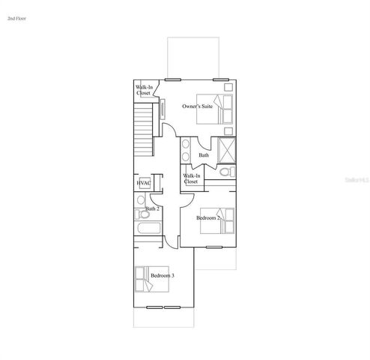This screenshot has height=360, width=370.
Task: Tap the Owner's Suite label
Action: pos(197,106)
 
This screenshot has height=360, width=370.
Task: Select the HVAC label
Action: pos(144,182)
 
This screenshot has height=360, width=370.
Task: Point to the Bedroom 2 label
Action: pos(207,217)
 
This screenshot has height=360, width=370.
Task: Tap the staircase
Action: pos(143,129)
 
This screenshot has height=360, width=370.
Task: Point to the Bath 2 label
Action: pos(152,208)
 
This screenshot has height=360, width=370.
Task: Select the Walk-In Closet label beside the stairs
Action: pos(145,91)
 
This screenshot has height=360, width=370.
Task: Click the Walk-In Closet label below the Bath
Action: pos(191,178)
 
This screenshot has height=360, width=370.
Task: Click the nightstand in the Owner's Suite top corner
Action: pos(228,85)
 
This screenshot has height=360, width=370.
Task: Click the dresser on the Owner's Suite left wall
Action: pos(163,107)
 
